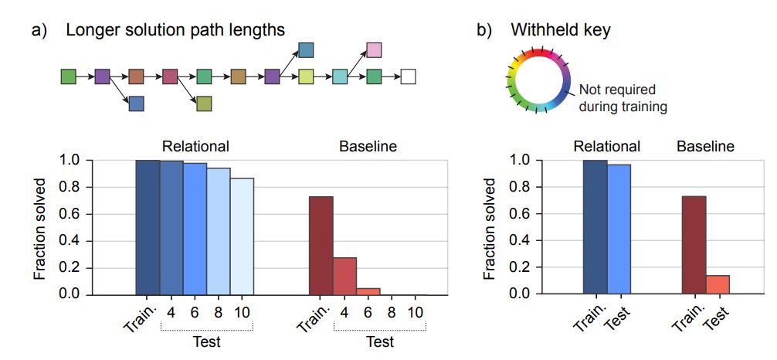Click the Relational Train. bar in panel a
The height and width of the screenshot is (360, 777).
pyautogui.click(x=148, y=227)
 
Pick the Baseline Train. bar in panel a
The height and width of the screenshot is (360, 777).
pyautogui.click(x=321, y=246)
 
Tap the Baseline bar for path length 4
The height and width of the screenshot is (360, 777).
pyautogui.click(x=344, y=276)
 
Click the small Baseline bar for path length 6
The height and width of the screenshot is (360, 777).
pyautogui.click(x=368, y=291)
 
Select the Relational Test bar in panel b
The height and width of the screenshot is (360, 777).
pyautogui.click(x=619, y=229)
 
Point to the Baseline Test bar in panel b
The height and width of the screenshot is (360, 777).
pyautogui.click(x=718, y=285)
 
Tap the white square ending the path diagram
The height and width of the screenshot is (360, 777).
pyautogui.click(x=409, y=76)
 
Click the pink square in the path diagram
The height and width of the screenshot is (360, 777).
pyautogui.click(x=374, y=51)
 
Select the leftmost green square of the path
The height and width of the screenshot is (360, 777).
pyautogui.click(x=69, y=76)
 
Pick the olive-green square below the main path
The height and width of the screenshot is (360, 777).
pyautogui.click(x=204, y=103)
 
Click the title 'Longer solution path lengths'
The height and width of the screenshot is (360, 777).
pyautogui.click(x=175, y=30)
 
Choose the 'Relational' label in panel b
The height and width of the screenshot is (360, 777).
pyautogui.click(x=606, y=146)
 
